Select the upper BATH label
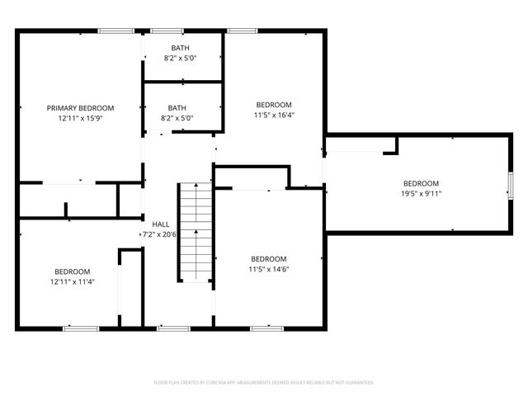pyautogui.click(x=180, y=49)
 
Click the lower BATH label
pyautogui.click(x=177, y=108)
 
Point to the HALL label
pyautogui.click(x=161, y=224)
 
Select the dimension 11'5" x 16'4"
pyautogui.click(x=274, y=115)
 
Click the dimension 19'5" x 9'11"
pyautogui.click(x=421, y=194)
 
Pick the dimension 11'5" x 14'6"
pyautogui.click(x=269, y=269)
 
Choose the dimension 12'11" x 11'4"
pyautogui.click(x=73, y=281)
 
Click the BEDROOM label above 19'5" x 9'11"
pyautogui.click(x=421, y=183)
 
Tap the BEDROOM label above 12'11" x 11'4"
pyautogui.click(x=73, y=271)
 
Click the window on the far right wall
pyautogui.click(x=510, y=186)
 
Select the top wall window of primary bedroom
pyautogui.click(x=115, y=31)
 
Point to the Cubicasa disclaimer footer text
pyautogui.click(x=264, y=382)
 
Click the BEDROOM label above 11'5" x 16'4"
pyautogui.click(x=274, y=105)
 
